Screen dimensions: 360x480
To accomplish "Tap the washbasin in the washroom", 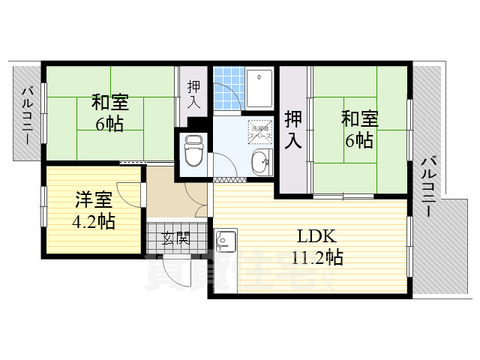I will [260, 160].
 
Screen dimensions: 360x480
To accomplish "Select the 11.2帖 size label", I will [317, 259].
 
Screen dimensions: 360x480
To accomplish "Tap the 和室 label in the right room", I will [360, 118].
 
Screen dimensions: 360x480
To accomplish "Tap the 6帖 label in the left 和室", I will [109, 124].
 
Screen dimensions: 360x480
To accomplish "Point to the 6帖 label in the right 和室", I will [360, 139].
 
